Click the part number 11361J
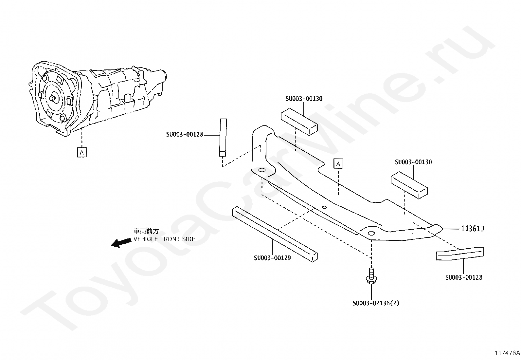click(x=472, y=229)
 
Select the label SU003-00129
click(x=272, y=258)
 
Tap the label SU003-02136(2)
click(x=376, y=303)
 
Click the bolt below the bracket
click(x=371, y=276)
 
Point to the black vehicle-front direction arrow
click(x=120, y=242)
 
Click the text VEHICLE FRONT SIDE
click(x=164, y=239)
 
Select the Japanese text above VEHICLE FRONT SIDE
click(x=146, y=232)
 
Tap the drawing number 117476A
click(x=507, y=353)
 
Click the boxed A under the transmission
click(x=82, y=152)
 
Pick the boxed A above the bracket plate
click(x=338, y=163)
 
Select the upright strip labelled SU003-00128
click(x=223, y=138)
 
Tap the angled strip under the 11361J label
click(x=460, y=254)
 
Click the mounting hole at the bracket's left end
click(x=262, y=171)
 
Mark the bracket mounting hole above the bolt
click(x=371, y=233)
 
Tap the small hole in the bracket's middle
click(x=324, y=207)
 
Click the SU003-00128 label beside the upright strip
click(x=185, y=134)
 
